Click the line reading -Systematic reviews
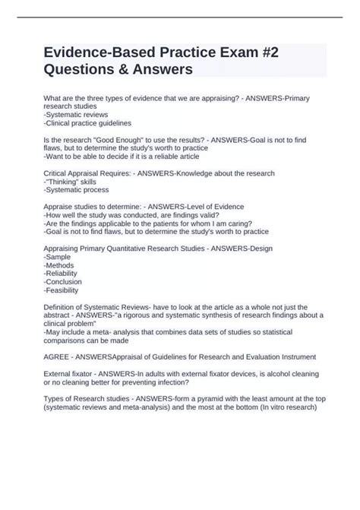(x=77, y=114)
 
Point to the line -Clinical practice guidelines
(x=87, y=122)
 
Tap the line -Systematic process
(x=75, y=192)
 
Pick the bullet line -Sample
(x=58, y=261)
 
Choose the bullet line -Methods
(x=61, y=269)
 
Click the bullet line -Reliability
(x=64, y=278)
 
